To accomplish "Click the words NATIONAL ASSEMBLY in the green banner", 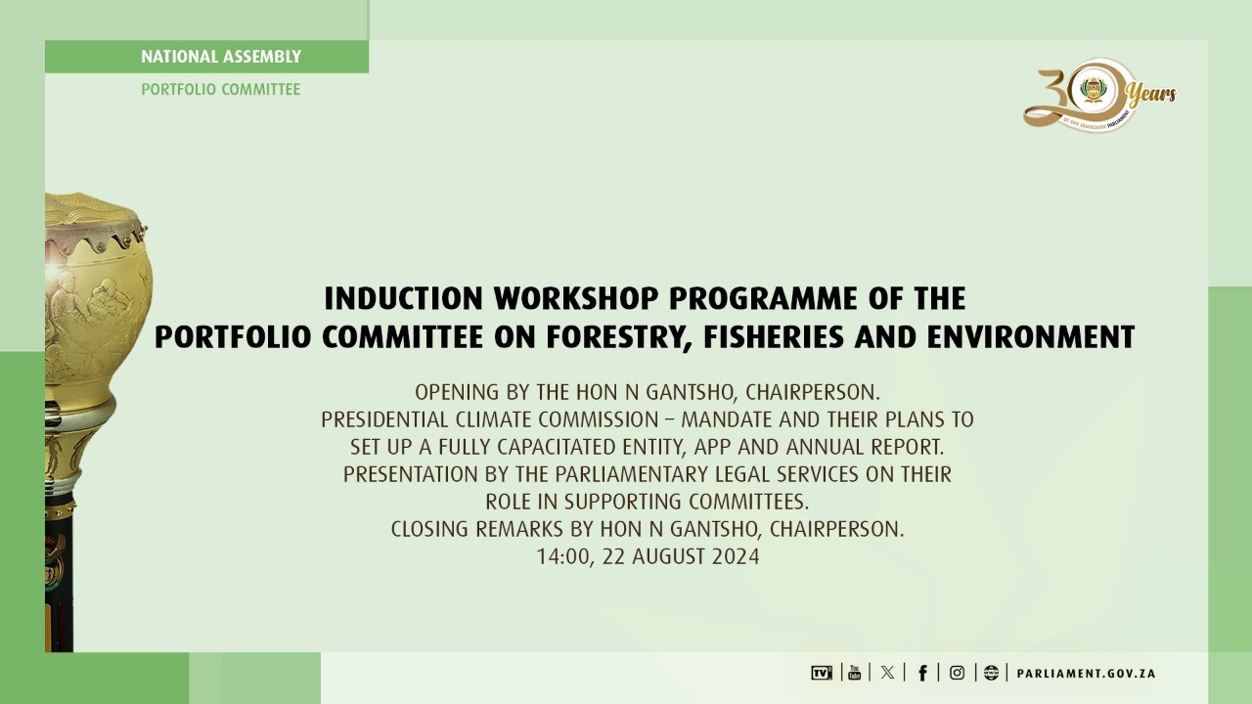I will [221, 57].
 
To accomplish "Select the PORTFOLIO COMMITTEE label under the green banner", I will [221, 90].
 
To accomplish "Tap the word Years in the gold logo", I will [1151, 95].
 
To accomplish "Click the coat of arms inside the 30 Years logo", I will [1092, 92].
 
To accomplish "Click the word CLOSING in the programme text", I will [430, 530].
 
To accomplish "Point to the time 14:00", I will [559, 557].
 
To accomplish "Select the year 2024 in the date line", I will [736, 557].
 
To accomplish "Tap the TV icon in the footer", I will [821, 673].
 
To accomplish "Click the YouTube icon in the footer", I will [854, 673].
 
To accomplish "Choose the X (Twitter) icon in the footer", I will [887, 673].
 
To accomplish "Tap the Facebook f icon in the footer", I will [922, 673].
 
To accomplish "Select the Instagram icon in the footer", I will [957, 673].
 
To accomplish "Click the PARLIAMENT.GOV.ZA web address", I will [1086, 674].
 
